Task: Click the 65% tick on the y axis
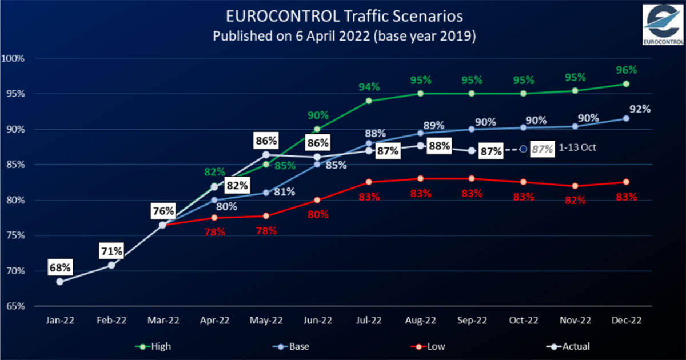(15, 306)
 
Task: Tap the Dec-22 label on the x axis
(626, 321)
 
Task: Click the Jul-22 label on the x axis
(369, 321)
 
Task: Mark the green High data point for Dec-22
(626, 83)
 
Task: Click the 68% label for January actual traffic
(59, 267)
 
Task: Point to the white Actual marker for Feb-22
(111, 265)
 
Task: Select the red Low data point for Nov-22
(575, 186)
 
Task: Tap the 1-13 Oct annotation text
(578, 148)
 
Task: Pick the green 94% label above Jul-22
(369, 87)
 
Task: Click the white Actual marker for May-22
(266, 154)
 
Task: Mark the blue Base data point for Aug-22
(420, 133)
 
